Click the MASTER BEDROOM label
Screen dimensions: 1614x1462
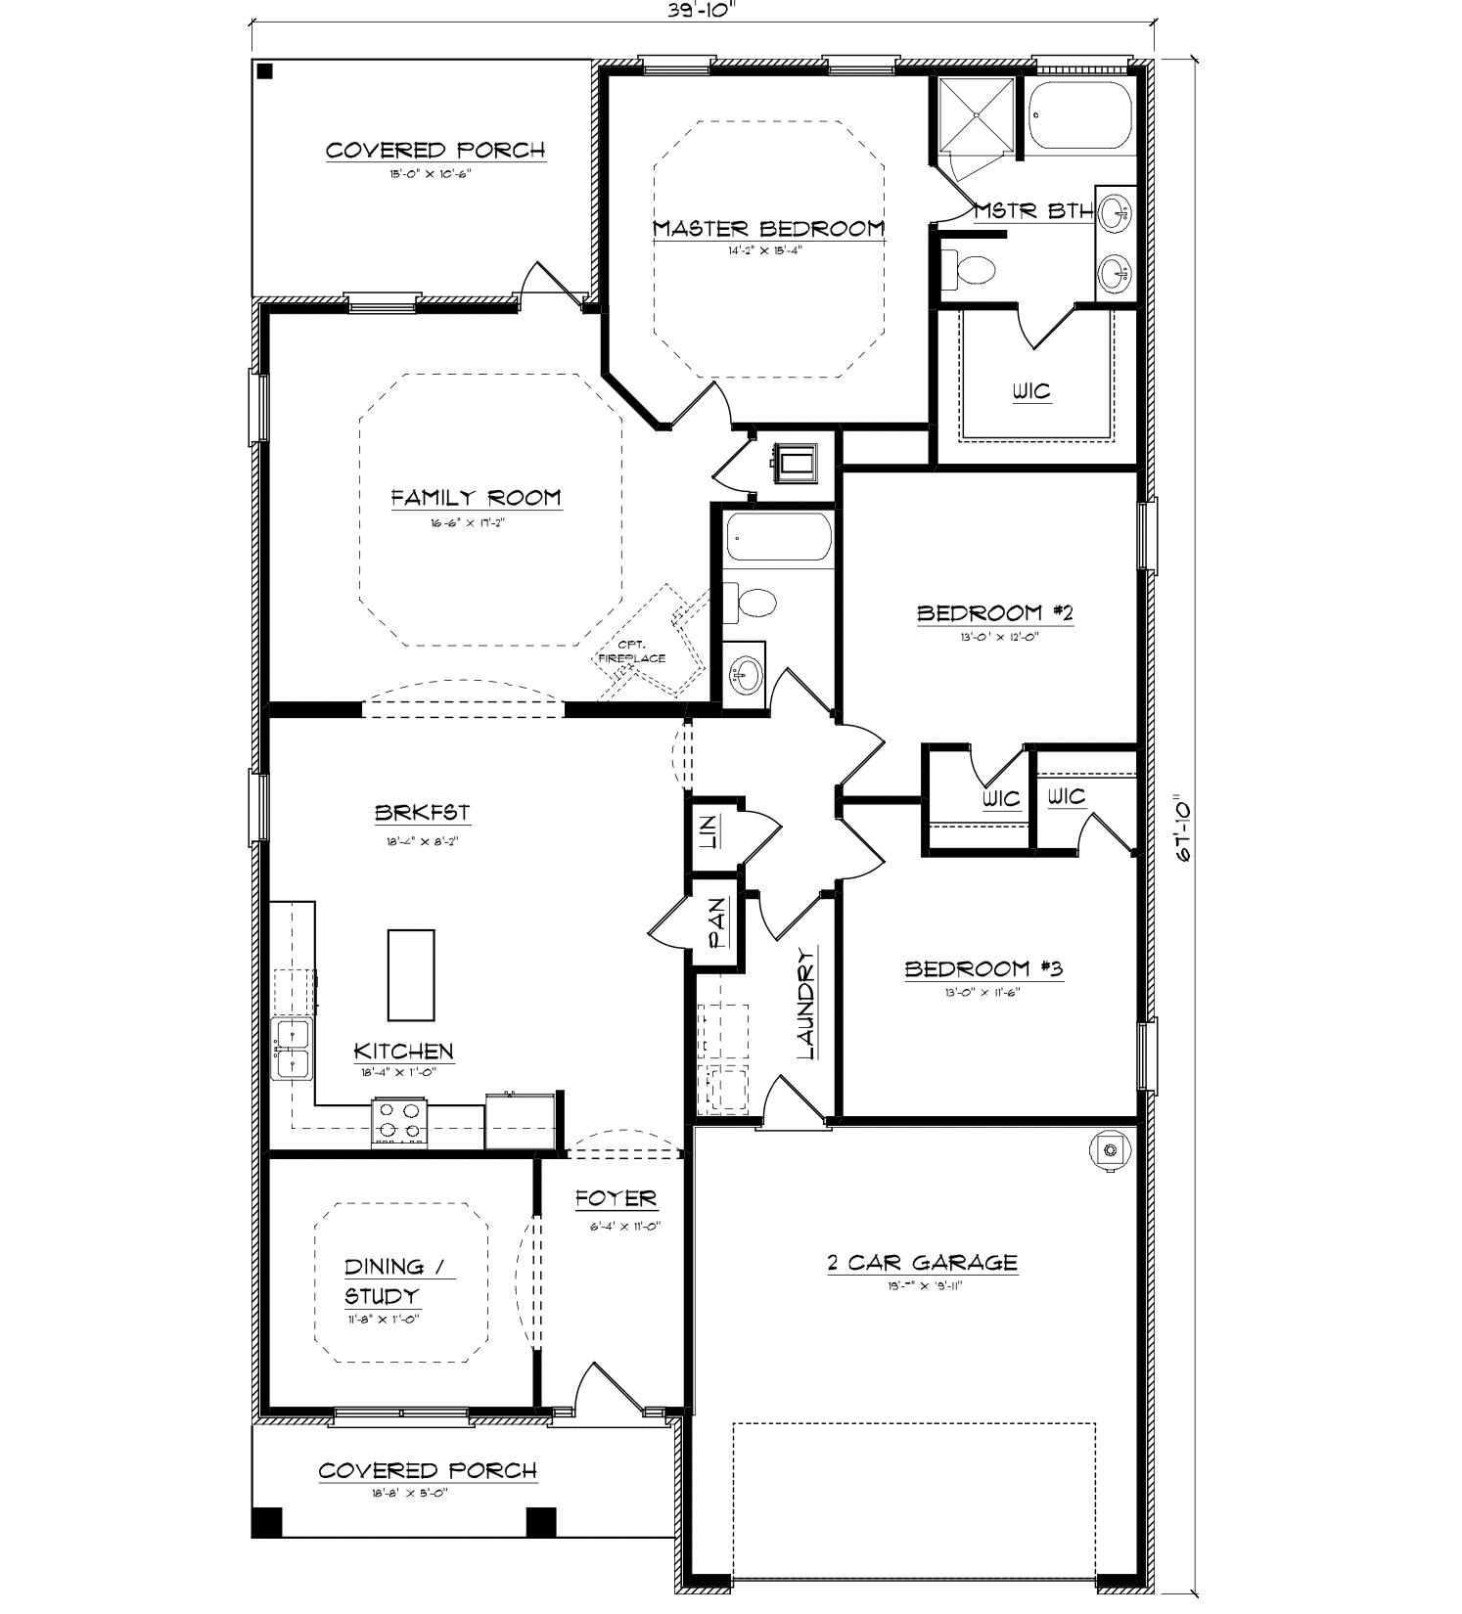tap(768, 229)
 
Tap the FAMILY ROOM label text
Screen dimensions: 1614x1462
tap(477, 498)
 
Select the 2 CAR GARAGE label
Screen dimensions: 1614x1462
tap(922, 1263)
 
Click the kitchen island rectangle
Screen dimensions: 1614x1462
tap(411, 975)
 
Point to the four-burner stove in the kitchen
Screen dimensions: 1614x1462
tap(399, 1122)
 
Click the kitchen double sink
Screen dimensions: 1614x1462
tap(292, 1049)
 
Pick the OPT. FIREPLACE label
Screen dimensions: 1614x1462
tap(631, 651)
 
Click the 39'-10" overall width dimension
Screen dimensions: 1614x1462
tap(701, 9)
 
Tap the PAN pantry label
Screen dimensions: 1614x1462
tap(717, 923)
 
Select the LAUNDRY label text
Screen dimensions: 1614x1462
tap(806, 1004)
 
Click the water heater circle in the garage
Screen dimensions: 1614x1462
tap(1109, 1150)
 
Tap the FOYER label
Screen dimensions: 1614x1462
tap(616, 1199)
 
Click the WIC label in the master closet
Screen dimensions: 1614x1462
tap(1031, 391)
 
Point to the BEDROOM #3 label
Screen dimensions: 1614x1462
tap(982, 969)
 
